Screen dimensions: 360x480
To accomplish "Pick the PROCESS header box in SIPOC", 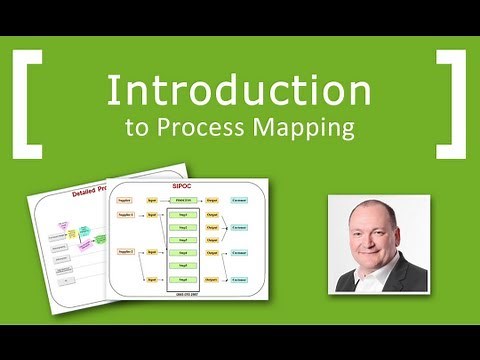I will tap(182, 200).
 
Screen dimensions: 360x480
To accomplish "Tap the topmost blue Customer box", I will tap(240, 200).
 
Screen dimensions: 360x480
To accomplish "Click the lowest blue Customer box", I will tap(240, 283).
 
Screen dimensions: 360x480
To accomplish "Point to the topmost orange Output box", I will tap(212, 200).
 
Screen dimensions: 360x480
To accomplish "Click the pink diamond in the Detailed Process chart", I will tap(72, 234).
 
